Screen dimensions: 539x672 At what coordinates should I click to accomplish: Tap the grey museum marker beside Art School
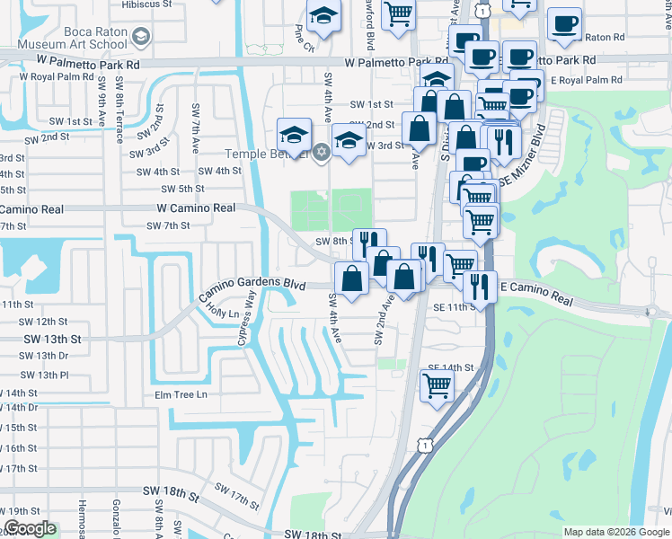[x=140, y=37]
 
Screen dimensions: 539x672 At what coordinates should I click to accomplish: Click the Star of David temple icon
[x=322, y=150]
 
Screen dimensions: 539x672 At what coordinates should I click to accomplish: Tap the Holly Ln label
[x=224, y=313]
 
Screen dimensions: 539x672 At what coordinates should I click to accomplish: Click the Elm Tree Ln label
[x=181, y=394]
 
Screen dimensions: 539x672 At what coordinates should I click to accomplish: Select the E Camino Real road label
[x=535, y=292]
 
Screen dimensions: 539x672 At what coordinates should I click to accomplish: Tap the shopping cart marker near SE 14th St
[x=437, y=385]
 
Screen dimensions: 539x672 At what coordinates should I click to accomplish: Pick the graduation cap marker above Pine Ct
[x=323, y=16]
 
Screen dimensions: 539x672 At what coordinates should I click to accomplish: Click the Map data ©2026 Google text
[x=616, y=532]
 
